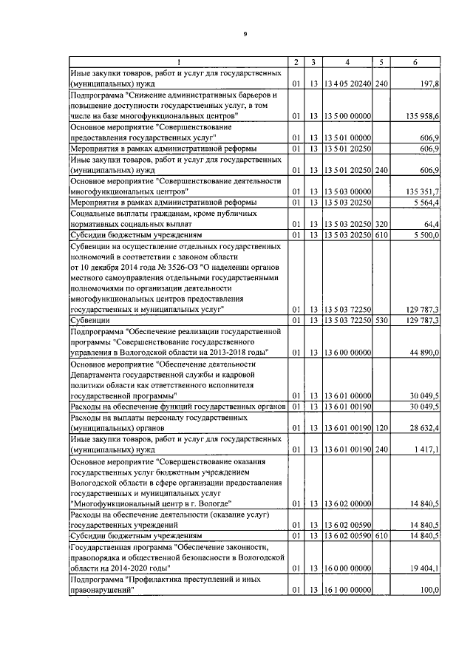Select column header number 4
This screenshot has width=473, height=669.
[347, 61]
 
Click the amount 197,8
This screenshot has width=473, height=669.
[429, 85]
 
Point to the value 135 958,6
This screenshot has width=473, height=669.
[423, 117]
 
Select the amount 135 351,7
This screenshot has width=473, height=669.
[423, 191]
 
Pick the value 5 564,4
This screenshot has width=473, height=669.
[426, 202]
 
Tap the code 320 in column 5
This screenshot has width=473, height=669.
[381, 223]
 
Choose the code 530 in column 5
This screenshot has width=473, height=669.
[381, 320]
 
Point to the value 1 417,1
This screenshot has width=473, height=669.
[426, 449]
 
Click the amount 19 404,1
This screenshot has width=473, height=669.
[425, 568]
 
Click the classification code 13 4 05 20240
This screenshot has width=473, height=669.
[347, 85]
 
